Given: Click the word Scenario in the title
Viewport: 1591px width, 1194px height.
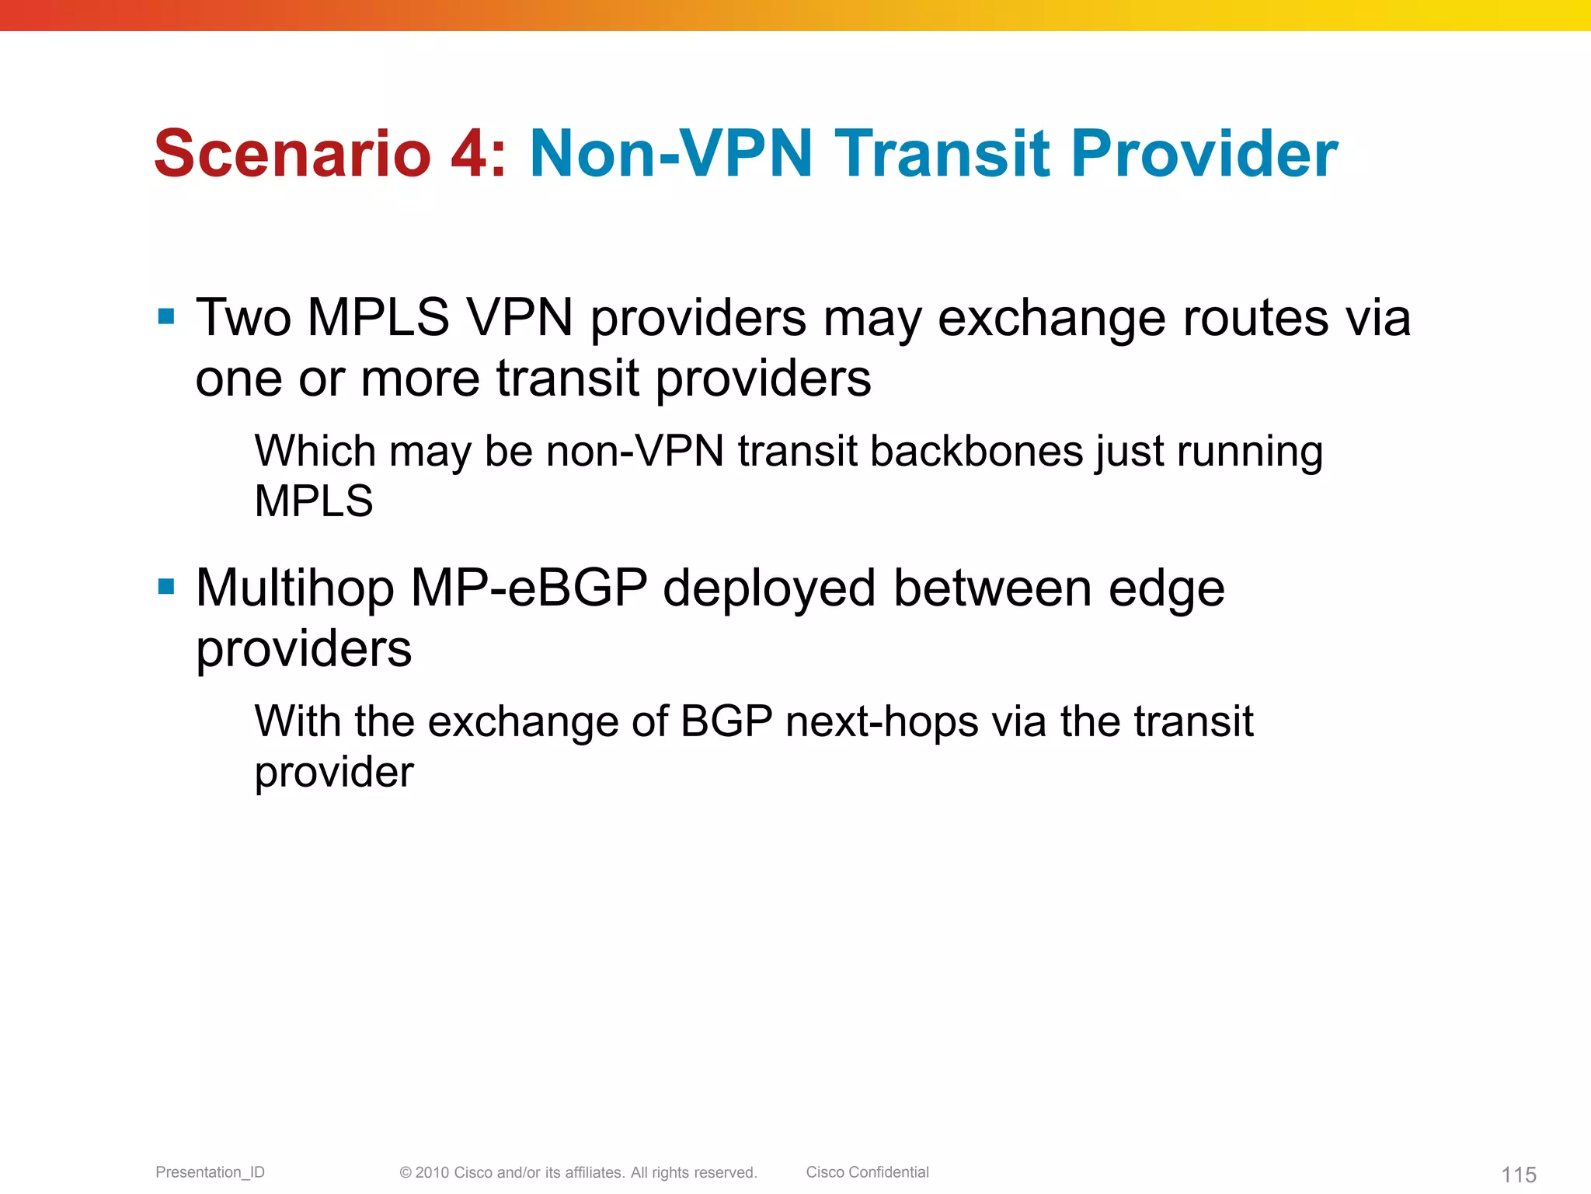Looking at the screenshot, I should [x=292, y=153].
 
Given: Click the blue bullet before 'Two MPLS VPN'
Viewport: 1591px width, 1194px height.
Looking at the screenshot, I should [x=166, y=316].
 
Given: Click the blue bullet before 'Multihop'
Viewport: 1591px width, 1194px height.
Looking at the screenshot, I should [x=166, y=586].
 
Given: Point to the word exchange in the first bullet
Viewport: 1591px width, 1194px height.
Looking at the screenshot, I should [x=1051, y=318].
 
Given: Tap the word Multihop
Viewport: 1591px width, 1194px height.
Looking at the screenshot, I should [x=295, y=588].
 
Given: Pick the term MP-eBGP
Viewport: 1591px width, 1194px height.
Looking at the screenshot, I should [x=529, y=588].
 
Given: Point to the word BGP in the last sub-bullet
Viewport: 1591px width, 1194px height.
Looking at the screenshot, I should [x=726, y=721].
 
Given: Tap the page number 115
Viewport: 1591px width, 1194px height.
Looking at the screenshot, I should [x=1519, y=1175].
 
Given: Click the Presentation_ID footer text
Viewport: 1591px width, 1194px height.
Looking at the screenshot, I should [x=210, y=1172].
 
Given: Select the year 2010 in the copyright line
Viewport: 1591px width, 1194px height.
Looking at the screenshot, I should [x=432, y=1172].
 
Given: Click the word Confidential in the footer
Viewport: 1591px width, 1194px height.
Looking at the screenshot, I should [x=888, y=1172].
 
